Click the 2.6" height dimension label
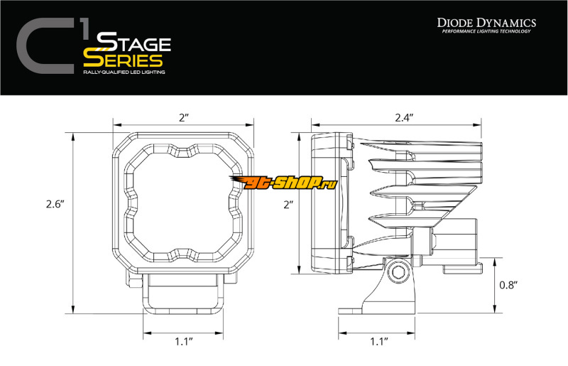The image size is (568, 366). [x=55, y=204]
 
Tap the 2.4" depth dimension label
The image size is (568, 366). [x=404, y=117]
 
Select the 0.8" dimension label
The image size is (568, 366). [x=508, y=285]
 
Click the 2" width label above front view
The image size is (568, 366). [x=184, y=117]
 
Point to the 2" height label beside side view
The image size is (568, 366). [x=288, y=205]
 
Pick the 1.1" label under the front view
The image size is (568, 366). [x=184, y=341]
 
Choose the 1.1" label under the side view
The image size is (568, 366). [x=379, y=341]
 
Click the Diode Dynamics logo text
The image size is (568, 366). [x=486, y=23]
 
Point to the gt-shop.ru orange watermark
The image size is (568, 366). [x=283, y=183]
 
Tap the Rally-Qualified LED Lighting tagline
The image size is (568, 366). [x=124, y=72]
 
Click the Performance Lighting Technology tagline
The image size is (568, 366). [x=486, y=31]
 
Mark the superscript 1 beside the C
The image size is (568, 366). [x=84, y=28]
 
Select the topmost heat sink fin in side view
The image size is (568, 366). [x=420, y=145]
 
